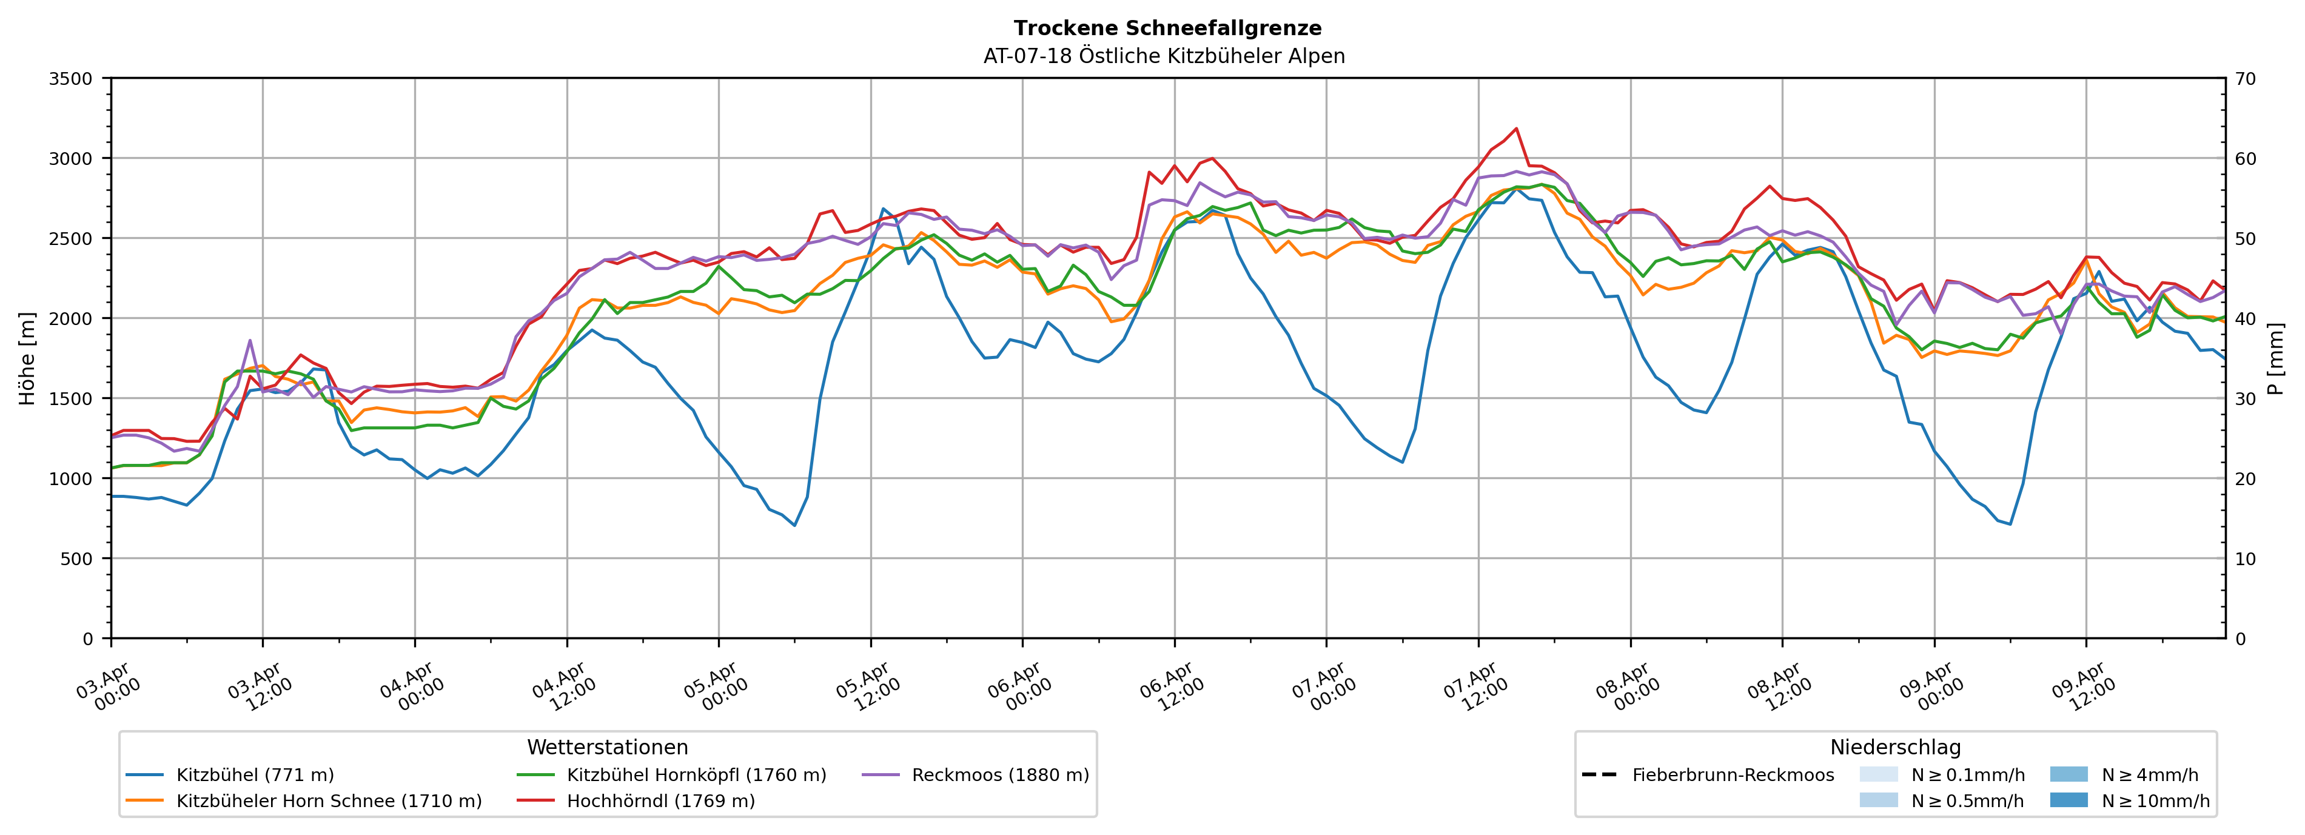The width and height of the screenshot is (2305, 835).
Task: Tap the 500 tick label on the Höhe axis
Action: tap(75, 559)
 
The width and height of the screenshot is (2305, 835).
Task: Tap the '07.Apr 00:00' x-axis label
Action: tap(1323, 687)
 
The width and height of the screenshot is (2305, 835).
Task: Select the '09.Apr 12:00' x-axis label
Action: tap(2082, 687)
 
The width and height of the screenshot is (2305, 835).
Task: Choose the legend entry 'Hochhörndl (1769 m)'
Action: tap(660, 801)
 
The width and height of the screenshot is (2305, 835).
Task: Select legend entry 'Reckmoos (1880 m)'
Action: tap(999, 775)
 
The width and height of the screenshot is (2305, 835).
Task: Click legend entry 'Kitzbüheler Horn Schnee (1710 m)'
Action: tap(329, 801)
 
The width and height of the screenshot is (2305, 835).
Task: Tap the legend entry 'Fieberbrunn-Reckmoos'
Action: tap(1733, 775)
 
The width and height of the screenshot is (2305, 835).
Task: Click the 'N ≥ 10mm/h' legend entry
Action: tap(2155, 801)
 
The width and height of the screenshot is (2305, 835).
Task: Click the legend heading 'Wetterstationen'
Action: tap(608, 747)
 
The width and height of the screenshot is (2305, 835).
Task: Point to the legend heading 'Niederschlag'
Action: tap(1895, 747)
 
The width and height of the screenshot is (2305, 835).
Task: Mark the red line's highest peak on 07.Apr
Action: tap(1516, 128)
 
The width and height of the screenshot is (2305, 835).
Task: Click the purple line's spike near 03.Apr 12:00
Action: tap(250, 340)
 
